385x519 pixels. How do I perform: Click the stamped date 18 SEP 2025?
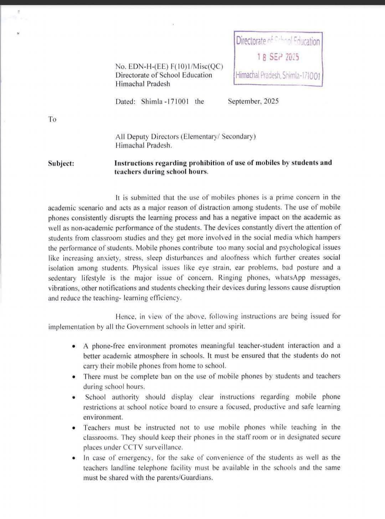pos(278,57)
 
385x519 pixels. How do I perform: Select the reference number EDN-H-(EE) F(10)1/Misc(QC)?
pos(169,66)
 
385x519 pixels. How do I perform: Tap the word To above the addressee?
pos(52,119)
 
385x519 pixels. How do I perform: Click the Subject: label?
pos(61,163)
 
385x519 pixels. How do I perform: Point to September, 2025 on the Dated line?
pos(253,101)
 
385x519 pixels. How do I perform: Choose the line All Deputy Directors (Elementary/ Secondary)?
pos(185,136)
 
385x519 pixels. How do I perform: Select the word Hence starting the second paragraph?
pos(125,316)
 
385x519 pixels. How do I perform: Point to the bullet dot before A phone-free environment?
pos(73,346)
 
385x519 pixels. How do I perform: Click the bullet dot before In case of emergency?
pos(73,458)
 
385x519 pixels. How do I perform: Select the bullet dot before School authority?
pos(73,397)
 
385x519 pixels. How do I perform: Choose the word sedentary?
pos(62,278)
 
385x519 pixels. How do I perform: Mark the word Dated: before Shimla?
pos(125,101)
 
